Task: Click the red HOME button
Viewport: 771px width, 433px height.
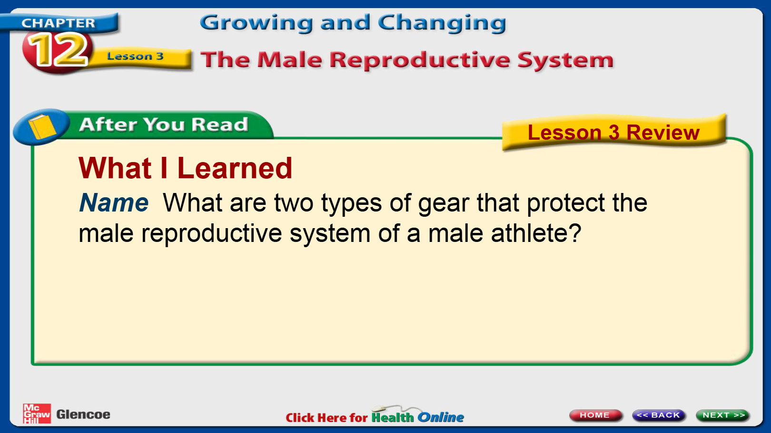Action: click(x=595, y=415)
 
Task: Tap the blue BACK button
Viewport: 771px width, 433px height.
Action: click(x=659, y=415)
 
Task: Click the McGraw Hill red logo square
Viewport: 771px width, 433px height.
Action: click(x=37, y=414)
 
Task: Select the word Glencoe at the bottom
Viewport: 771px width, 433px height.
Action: click(x=83, y=414)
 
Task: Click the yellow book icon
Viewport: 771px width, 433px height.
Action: click(x=42, y=126)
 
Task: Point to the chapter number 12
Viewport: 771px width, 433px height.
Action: click(x=58, y=50)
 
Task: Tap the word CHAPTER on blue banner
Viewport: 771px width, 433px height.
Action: click(x=58, y=23)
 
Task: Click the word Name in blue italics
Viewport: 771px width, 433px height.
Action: click(x=114, y=203)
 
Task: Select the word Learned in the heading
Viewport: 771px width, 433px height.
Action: click(x=235, y=168)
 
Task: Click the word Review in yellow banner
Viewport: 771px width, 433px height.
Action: click(x=663, y=132)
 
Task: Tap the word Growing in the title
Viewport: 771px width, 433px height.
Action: click(x=257, y=23)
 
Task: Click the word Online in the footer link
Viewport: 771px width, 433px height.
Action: click(x=441, y=417)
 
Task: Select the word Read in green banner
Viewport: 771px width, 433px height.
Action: click(x=219, y=124)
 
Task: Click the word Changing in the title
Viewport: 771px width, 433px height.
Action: click(x=442, y=23)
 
